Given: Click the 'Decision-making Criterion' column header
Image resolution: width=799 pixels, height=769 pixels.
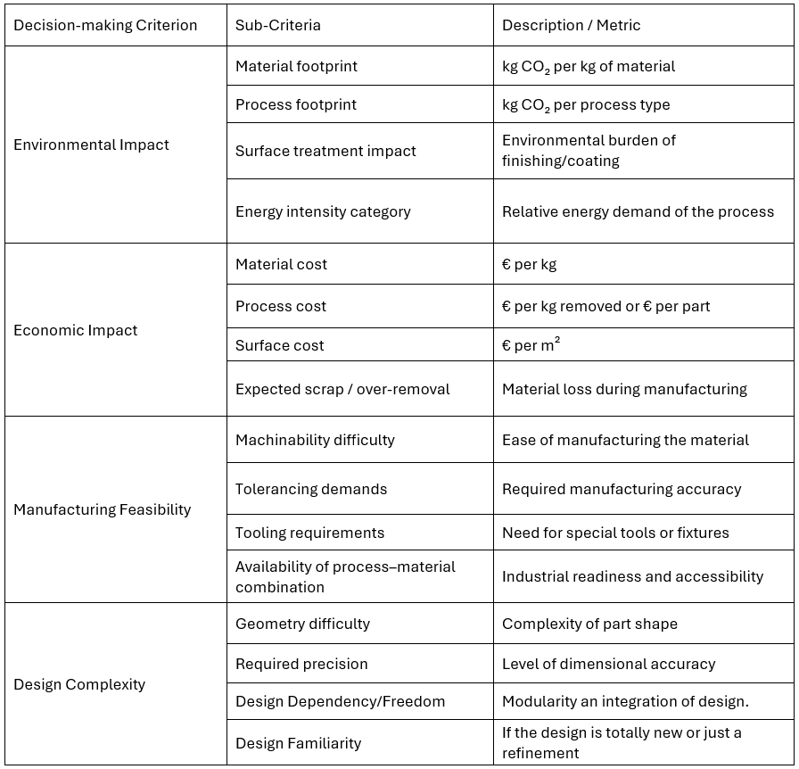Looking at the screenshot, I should point(105,25).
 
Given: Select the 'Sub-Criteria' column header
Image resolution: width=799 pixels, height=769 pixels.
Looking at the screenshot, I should point(278,25).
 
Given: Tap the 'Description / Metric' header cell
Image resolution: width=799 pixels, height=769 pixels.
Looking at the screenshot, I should point(571,25).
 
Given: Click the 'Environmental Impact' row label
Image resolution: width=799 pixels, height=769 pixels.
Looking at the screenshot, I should point(91,145).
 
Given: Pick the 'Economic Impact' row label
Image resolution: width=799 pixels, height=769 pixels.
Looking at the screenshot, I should point(76,330).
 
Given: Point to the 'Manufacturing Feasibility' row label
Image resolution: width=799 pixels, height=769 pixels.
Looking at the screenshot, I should point(102,509).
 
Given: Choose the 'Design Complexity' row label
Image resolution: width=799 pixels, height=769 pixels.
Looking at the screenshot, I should point(79,684).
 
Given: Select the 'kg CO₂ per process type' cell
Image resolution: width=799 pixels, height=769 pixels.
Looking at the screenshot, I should point(586,104).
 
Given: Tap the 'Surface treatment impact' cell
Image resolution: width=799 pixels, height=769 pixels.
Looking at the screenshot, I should point(325,151).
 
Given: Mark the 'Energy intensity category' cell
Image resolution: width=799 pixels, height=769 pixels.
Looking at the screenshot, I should point(323,211).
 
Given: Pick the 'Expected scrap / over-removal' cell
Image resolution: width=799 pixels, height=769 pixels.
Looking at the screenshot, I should point(342,389).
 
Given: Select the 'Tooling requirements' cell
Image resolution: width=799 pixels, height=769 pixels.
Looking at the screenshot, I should point(309,533).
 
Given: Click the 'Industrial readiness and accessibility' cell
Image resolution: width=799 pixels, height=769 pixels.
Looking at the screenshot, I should point(632,576).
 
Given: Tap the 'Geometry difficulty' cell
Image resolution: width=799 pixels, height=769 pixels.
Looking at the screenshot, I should point(302,624).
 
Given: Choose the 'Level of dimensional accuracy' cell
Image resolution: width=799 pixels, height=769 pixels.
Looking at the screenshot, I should point(608,664).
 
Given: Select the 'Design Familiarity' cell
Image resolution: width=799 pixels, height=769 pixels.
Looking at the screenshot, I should point(298,743).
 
